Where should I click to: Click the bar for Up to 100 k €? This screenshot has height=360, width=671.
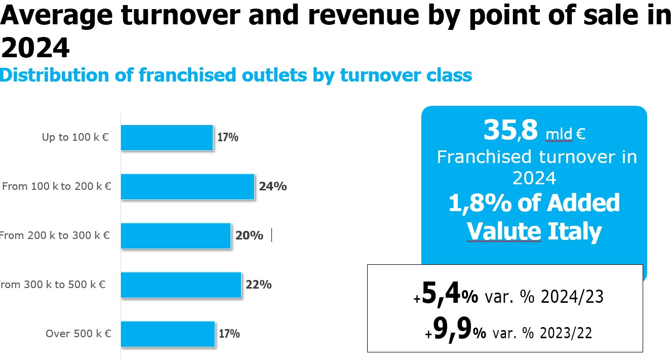pyautogui.click(x=167, y=138)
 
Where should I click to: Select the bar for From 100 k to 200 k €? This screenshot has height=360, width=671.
pyautogui.click(x=187, y=187)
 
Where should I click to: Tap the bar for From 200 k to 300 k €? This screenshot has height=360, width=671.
pyautogui.click(x=176, y=236)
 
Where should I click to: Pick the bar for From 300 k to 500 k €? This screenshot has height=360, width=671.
pyautogui.click(x=181, y=285)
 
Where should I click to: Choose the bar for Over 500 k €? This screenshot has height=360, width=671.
pyautogui.click(x=168, y=334)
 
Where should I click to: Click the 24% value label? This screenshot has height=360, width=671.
pyautogui.click(x=273, y=186)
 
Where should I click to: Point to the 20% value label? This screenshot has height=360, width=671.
pyautogui.click(x=249, y=235)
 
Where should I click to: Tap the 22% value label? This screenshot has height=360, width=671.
pyautogui.click(x=258, y=285)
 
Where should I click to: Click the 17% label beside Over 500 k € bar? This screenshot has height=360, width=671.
pyautogui.click(x=229, y=334)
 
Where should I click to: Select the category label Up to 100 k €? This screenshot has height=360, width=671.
pyautogui.click(x=75, y=137)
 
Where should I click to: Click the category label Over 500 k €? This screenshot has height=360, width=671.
pyautogui.click(x=78, y=334)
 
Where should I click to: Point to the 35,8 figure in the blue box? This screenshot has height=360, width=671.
pyautogui.click(x=510, y=130)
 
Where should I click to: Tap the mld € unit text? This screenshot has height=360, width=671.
pyautogui.click(x=565, y=134)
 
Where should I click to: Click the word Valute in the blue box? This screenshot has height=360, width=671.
pyautogui.click(x=504, y=231)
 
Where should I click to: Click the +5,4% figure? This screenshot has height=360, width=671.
pyautogui.click(x=446, y=295)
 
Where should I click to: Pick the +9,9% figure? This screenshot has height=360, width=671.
pyautogui.click(x=455, y=331)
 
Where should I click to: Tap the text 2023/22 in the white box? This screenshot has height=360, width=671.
pyautogui.click(x=566, y=333)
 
